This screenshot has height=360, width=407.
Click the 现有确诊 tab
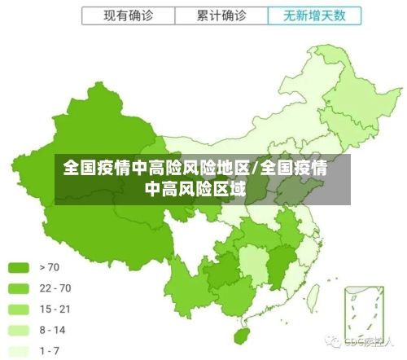[128, 15]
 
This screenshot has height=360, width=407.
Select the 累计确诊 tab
[221, 15]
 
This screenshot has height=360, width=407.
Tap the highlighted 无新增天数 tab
[313, 15]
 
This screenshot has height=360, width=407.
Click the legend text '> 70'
[49, 267]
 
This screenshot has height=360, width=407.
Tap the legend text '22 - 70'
[55, 288]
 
